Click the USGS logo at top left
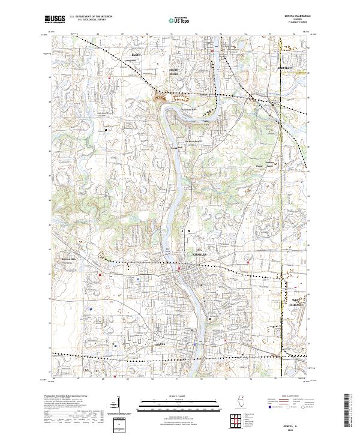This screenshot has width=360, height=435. [55, 20]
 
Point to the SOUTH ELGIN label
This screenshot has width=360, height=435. [175, 72]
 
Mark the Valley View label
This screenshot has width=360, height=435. [208, 122]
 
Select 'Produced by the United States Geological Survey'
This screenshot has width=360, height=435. [67, 397]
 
